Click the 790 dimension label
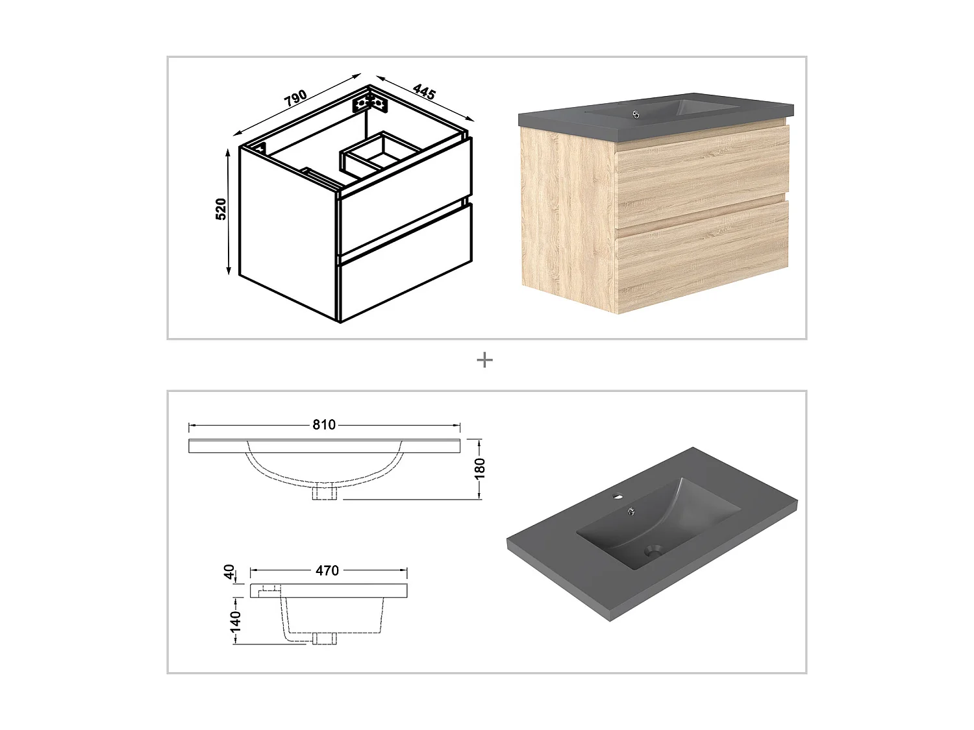coord(295,98)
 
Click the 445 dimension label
coord(424,91)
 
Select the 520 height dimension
coord(221,209)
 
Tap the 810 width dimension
coord(324,424)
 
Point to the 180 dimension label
coord(480,469)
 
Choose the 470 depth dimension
coord(327,570)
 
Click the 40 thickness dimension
coord(229,571)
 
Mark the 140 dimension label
coord(235,621)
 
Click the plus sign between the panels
coord(484,360)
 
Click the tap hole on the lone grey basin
coord(616,496)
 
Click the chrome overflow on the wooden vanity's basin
coord(636,114)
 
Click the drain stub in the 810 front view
coord(325,493)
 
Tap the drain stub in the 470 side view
coord(325,639)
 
